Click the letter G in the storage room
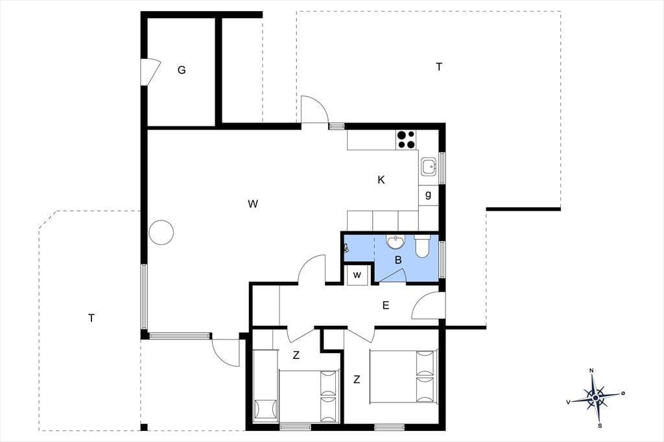[x=182, y=70]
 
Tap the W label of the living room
[x=253, y=204]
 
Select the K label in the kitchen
[x=381, y=180]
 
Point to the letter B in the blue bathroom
[x=398, y=260]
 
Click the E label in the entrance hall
[x=386, y=305]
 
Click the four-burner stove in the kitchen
[x=406, y=139]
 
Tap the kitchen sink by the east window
[x=429, y=167]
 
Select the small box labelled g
[x=429, y=195]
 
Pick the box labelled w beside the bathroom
[x=357, y=275]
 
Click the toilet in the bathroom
[x=422, y=246]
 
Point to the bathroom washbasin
[x=396, y=242]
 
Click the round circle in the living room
[x=161, y=232]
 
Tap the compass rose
[x=596, y=397]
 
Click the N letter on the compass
[x=591, y=371]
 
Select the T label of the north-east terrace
[x=439, y=67]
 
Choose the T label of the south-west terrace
[x=91, y=318]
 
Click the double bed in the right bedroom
[x=403, y=377]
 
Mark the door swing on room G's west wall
[x=151, y=72]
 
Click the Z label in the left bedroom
[x=296, y=355]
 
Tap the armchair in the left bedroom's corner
[x=266, y=410]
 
